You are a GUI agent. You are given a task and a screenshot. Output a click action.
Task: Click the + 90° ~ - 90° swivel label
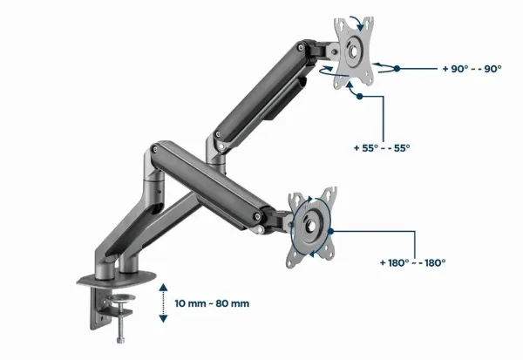[472, 69]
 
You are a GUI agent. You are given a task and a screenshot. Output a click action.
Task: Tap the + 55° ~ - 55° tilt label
[382, 148]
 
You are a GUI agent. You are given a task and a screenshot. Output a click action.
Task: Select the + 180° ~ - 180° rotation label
[412, 262]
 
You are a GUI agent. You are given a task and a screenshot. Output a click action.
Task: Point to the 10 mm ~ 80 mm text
[212, 303]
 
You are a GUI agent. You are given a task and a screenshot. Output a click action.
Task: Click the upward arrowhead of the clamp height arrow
[163, 287]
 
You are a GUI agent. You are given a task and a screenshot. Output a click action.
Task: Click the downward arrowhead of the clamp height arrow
[163, 319]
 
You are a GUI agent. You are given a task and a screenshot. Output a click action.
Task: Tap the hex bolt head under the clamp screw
[120, 340]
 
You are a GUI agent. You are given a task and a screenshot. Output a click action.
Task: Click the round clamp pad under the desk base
[123, 297]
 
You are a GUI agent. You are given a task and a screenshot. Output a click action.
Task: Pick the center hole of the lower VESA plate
[311, 227]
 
